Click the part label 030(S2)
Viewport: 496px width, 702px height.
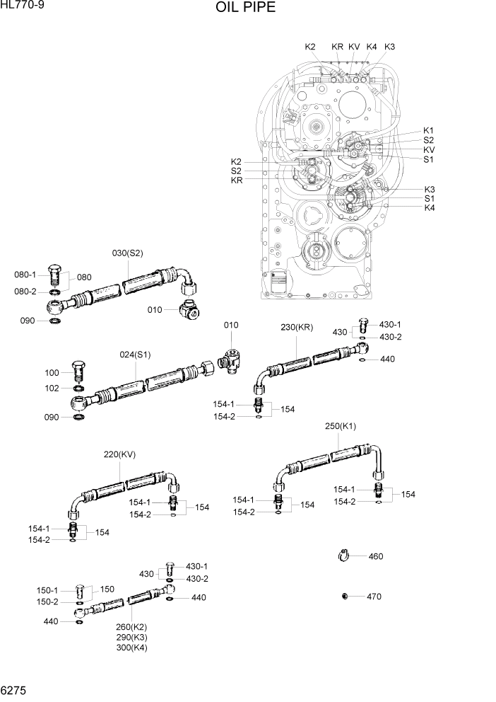coord(128,253)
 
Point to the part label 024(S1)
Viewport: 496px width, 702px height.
coord(135,355)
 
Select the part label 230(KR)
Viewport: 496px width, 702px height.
coord(297,327)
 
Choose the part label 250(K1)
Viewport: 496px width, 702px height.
coord(341,427)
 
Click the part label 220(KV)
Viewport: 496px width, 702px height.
coord(119,454)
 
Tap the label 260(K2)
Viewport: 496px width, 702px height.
coord(131,627)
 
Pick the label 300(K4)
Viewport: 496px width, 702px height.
coord(131,647)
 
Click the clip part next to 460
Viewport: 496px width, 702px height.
coord(345,556)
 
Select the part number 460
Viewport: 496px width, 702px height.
coord(375,556)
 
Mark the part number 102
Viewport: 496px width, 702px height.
coord(52,388)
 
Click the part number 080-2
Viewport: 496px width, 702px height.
coord(25,292)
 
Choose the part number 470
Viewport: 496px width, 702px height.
coord(374,597)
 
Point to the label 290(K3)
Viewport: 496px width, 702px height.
coord(131,637)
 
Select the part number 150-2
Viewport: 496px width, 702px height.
coord(47,602)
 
